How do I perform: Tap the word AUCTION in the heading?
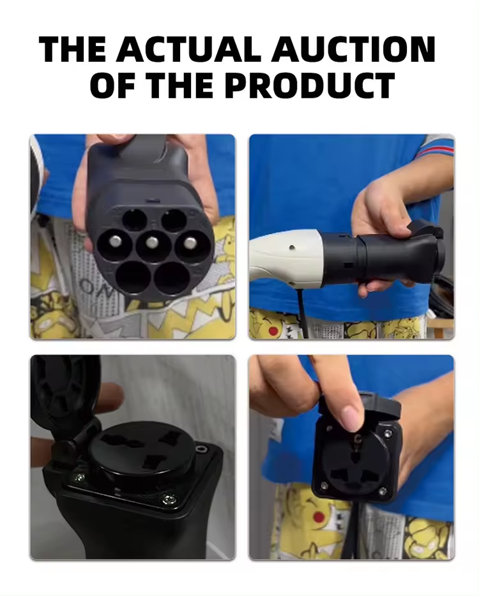coord(353,49)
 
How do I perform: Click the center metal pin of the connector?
coord(152,242)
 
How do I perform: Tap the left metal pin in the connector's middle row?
coord(116,241)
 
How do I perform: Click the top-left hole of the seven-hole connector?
coord(135,220)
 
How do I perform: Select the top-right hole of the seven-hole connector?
coord(174,220)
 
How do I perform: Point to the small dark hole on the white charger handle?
coord(292,248)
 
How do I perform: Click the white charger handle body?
coord(286,255)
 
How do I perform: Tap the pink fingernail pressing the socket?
coord(352,418)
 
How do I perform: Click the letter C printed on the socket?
coord(357,440)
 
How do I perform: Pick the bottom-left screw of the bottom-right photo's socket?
coord(324,486)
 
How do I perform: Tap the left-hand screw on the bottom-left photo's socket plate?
coord(79,477)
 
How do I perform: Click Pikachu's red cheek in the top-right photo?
coord(273,331)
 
